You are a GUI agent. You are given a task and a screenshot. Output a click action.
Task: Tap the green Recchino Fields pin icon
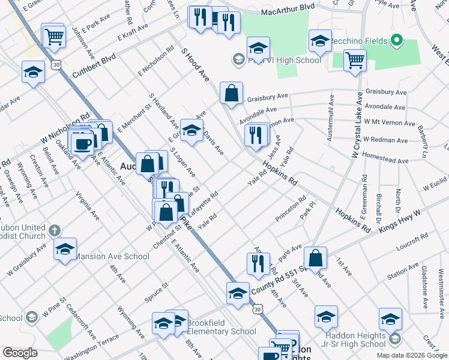tap(396, 41)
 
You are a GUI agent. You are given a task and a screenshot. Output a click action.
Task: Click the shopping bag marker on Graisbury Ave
tap(231, 93)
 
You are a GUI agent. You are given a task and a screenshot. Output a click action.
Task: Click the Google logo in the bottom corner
tap(20, 353)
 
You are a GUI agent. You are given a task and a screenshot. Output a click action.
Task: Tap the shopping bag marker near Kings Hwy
tap(315, 258)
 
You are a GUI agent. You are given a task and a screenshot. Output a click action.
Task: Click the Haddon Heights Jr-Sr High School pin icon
tap(394, 340)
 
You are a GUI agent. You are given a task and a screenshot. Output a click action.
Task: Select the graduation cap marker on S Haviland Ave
tap(191, 131)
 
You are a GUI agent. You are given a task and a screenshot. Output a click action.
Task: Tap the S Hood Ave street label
tap(195, 67)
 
